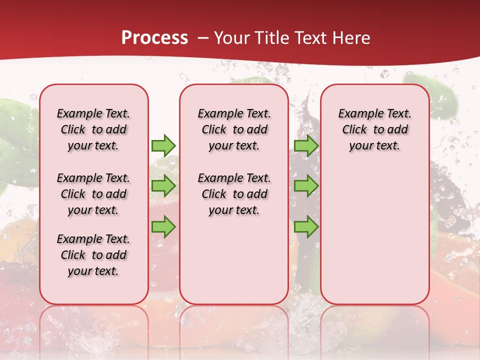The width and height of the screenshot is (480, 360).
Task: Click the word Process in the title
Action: [x=154, y=38]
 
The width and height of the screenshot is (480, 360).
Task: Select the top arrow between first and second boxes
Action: [x=163, y=145]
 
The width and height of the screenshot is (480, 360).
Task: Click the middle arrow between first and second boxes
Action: [x=163, y=186]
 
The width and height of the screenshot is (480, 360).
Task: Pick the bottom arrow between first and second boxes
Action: [x=163, y=226]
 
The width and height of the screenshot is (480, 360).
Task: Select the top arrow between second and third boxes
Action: [x=306, y=145]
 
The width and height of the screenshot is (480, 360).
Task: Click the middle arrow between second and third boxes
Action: [x=306, y=186]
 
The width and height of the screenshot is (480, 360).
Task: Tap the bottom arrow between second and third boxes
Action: [x=306, y=226]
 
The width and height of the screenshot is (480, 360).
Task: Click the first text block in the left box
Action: [x=93, y=129]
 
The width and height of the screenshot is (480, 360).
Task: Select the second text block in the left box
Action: [x=93, y=194]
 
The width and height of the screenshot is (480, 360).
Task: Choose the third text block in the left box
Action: [x=93, y=255]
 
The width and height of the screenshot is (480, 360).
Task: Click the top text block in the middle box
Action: [x=234, y=129]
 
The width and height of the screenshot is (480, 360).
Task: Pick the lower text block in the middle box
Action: [x=234, y=194]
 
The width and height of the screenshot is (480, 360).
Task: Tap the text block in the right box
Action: [x=374, y=129]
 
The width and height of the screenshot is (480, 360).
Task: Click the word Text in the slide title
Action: [x=310, y=38]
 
